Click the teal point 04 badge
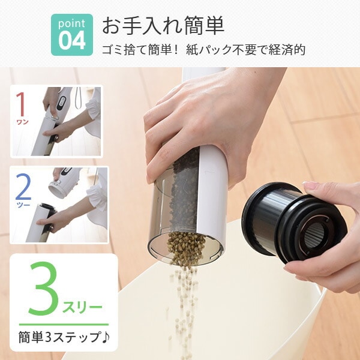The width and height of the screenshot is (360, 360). (71, 35)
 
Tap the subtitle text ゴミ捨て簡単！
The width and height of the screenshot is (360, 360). (142, 50)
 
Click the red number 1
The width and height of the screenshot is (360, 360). (21, 104)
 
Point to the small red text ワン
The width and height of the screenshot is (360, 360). (22, 122)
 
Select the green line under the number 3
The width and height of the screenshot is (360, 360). (64, 324)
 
